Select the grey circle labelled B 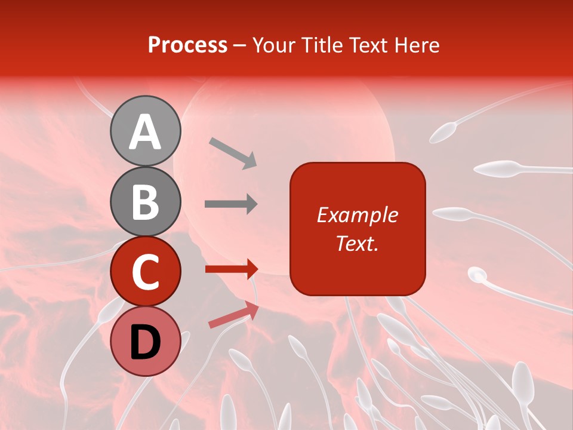[x=145, y=201]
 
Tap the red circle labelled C [x=145, y=272]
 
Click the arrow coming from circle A [x=233, y=152]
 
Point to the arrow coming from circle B [x=231, y=204]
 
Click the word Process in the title [x=187, y=45]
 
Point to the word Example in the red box [x=358, y=215]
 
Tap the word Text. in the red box [x=358, y=243]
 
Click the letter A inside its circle [x=145, y=132]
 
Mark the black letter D [x=145, y=342]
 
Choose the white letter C [x=145, y=272]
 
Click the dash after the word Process [x=240, y=46]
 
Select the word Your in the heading [x=274, y=45]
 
